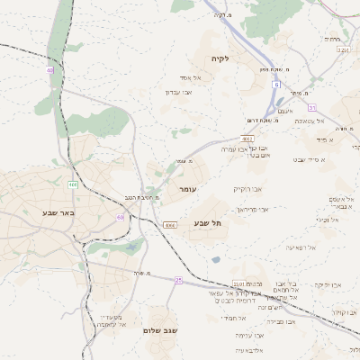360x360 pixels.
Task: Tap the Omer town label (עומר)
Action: [187, 190]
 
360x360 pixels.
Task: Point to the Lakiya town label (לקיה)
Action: [221, 58]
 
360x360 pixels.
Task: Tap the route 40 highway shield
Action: [49, 69]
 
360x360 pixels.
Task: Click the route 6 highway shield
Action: [275, 84]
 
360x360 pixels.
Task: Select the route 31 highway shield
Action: [311, 107]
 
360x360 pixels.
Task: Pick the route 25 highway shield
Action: [179, 281]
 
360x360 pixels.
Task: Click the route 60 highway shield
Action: [120, 217]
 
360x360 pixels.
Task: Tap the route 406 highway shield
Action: [73, 184]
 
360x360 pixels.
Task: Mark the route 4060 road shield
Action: [169, 225]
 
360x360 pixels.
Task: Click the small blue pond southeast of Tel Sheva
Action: [216, 260]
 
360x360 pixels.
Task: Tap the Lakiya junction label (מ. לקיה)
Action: [220, 15]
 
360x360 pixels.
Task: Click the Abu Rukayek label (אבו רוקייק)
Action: [247, 189]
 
